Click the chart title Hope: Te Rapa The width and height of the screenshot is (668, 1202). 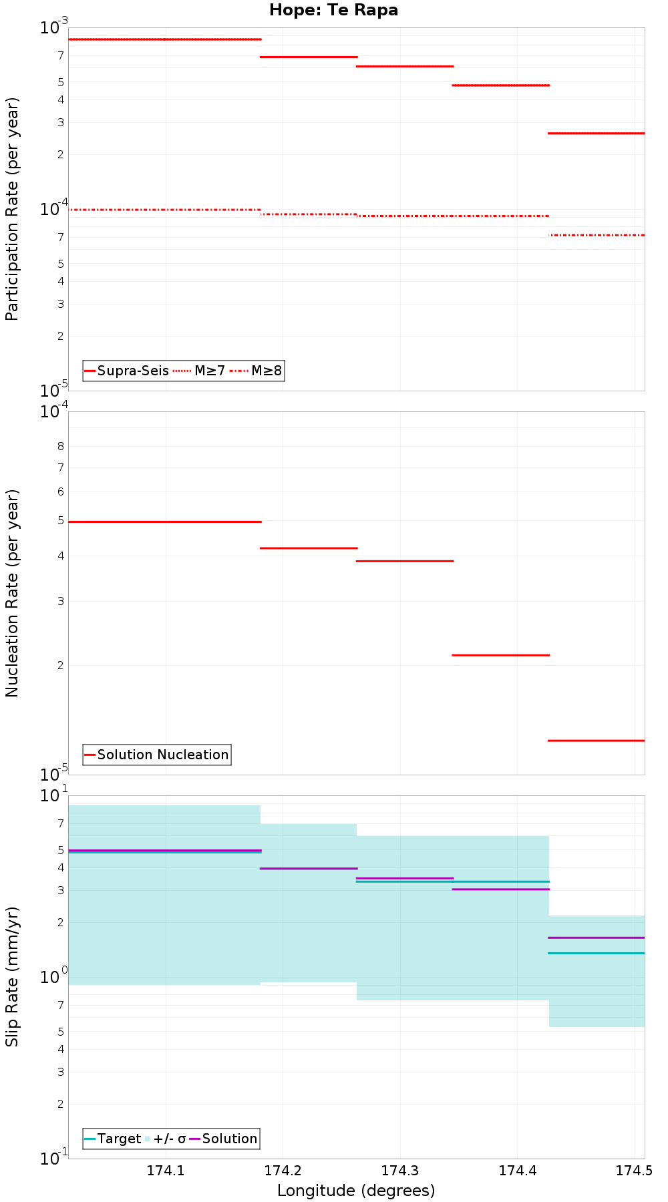click(x=333, y=10)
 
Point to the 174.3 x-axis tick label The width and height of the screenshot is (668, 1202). click(x=399, y=1171)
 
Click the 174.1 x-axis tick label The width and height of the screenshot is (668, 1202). click(x=166, y=1171)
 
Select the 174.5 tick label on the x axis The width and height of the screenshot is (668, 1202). click(x=633, y=1171)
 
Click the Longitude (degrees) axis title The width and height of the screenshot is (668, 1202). click(x=356, y=1191)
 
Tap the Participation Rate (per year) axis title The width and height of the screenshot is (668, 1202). click(x=12, y=209)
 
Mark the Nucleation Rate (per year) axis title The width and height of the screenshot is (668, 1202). click(x=12, y=593)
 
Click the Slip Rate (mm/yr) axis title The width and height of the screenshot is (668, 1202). click(x=12, y=976)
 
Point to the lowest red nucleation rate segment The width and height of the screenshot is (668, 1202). click(x=596, y=740)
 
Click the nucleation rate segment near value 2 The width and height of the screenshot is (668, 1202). click(x=500, y=655)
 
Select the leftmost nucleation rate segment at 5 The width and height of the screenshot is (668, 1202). click(x=164, y=522)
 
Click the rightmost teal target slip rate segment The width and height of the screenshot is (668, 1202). click(x=596, y=953)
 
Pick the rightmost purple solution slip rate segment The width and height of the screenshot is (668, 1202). click(x=596, y=938)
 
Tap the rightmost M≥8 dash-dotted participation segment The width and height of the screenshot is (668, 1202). click(x=596, y=235)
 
